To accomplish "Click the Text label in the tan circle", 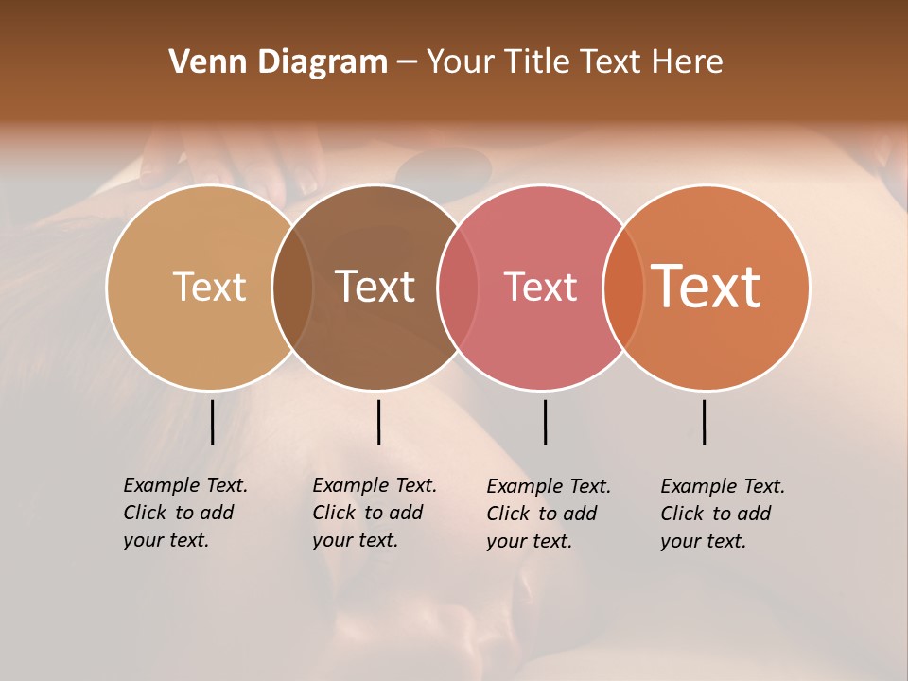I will point(209,287).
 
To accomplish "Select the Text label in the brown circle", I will point(375,287).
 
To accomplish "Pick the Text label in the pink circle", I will point(540,287).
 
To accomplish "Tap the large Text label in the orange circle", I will point(706,287).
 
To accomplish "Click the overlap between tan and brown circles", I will point(292,288).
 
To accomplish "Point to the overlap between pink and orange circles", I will point(623,288).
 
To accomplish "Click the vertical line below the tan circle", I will point(212,422).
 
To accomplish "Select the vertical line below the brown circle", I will point(378,422).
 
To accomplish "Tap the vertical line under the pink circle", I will point(545,422).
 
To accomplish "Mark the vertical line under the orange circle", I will point(704,422).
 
